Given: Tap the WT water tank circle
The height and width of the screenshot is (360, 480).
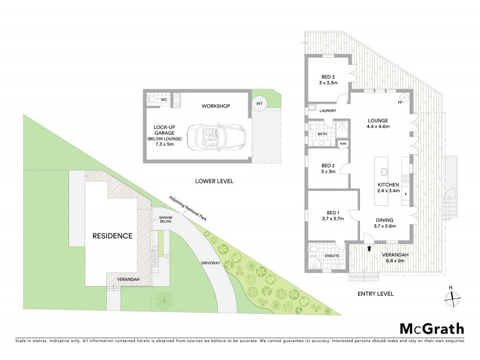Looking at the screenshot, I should pos(259,103).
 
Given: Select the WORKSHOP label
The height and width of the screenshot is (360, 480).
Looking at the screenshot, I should pos(216,106).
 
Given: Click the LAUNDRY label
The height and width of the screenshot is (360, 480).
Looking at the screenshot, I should pos(328,111).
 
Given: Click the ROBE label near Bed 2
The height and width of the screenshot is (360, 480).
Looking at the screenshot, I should pos(343,143).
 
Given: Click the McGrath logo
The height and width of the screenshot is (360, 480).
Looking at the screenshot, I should pos(431,328).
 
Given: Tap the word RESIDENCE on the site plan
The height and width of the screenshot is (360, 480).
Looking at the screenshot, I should pos(112,236).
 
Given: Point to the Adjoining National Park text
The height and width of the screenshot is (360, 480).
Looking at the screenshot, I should pos(188,208).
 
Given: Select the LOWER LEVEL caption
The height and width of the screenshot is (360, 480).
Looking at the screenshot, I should pos(214,181).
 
